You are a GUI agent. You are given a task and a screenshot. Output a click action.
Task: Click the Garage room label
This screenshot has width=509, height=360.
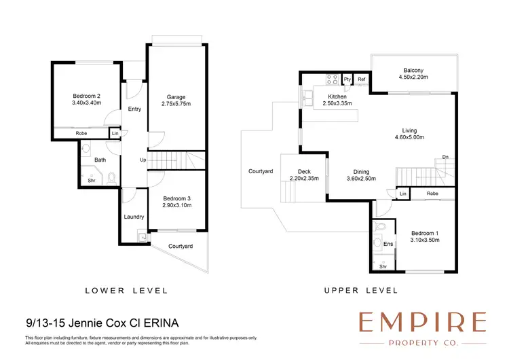pos(176,97)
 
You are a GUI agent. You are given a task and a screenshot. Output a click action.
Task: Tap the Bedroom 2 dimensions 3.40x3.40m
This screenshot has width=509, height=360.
pos(87,103)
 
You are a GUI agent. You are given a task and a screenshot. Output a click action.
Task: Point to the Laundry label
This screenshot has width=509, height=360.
pos(134,217)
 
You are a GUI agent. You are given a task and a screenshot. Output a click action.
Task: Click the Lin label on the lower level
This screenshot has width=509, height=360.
pos(115,134)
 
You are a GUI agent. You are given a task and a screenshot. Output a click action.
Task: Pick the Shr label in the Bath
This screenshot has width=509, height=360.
pos(91,181)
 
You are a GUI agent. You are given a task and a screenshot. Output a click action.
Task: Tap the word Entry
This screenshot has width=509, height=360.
pos(134,109)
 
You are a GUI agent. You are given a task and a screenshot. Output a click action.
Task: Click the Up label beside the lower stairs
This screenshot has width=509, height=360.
pos(143,160)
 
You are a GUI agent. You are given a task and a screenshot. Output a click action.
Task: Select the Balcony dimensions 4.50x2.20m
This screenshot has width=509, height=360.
pos(413,77)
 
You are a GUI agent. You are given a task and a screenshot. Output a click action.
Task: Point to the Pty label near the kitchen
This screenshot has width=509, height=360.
pos(347,79)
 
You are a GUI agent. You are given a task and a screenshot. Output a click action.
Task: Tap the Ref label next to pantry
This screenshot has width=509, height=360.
pos(362,79)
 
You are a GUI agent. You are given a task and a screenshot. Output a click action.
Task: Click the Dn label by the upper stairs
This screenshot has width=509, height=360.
pos(445,157)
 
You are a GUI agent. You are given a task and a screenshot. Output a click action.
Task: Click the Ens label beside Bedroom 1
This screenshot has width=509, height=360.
pos(388,244)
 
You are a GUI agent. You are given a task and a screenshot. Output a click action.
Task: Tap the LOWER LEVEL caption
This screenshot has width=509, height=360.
pos(126,290)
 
